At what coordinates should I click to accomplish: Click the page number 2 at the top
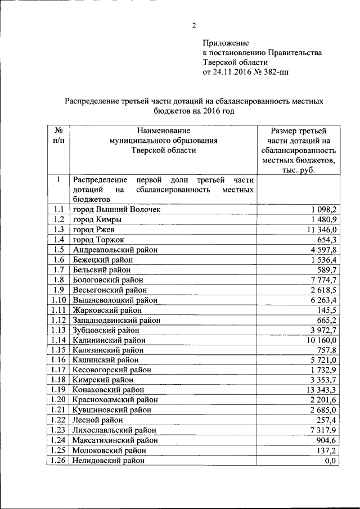click(193, 25)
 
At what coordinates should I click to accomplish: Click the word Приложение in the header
click(225, 43)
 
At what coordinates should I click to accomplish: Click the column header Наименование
click(164, 130)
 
